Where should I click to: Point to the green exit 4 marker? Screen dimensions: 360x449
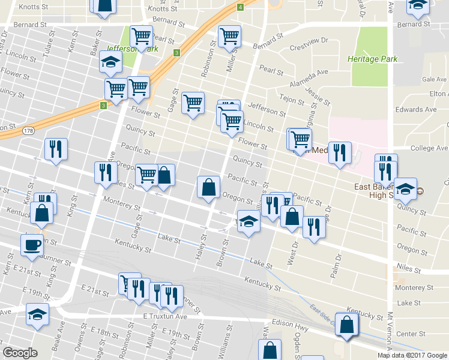[240, 7]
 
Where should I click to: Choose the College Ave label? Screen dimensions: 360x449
[429, 148]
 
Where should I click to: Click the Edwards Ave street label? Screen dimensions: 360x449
[416, 110]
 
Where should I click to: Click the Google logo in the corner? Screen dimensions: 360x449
[20, 353]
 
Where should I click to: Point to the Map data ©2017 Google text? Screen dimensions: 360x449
[412, 355]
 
